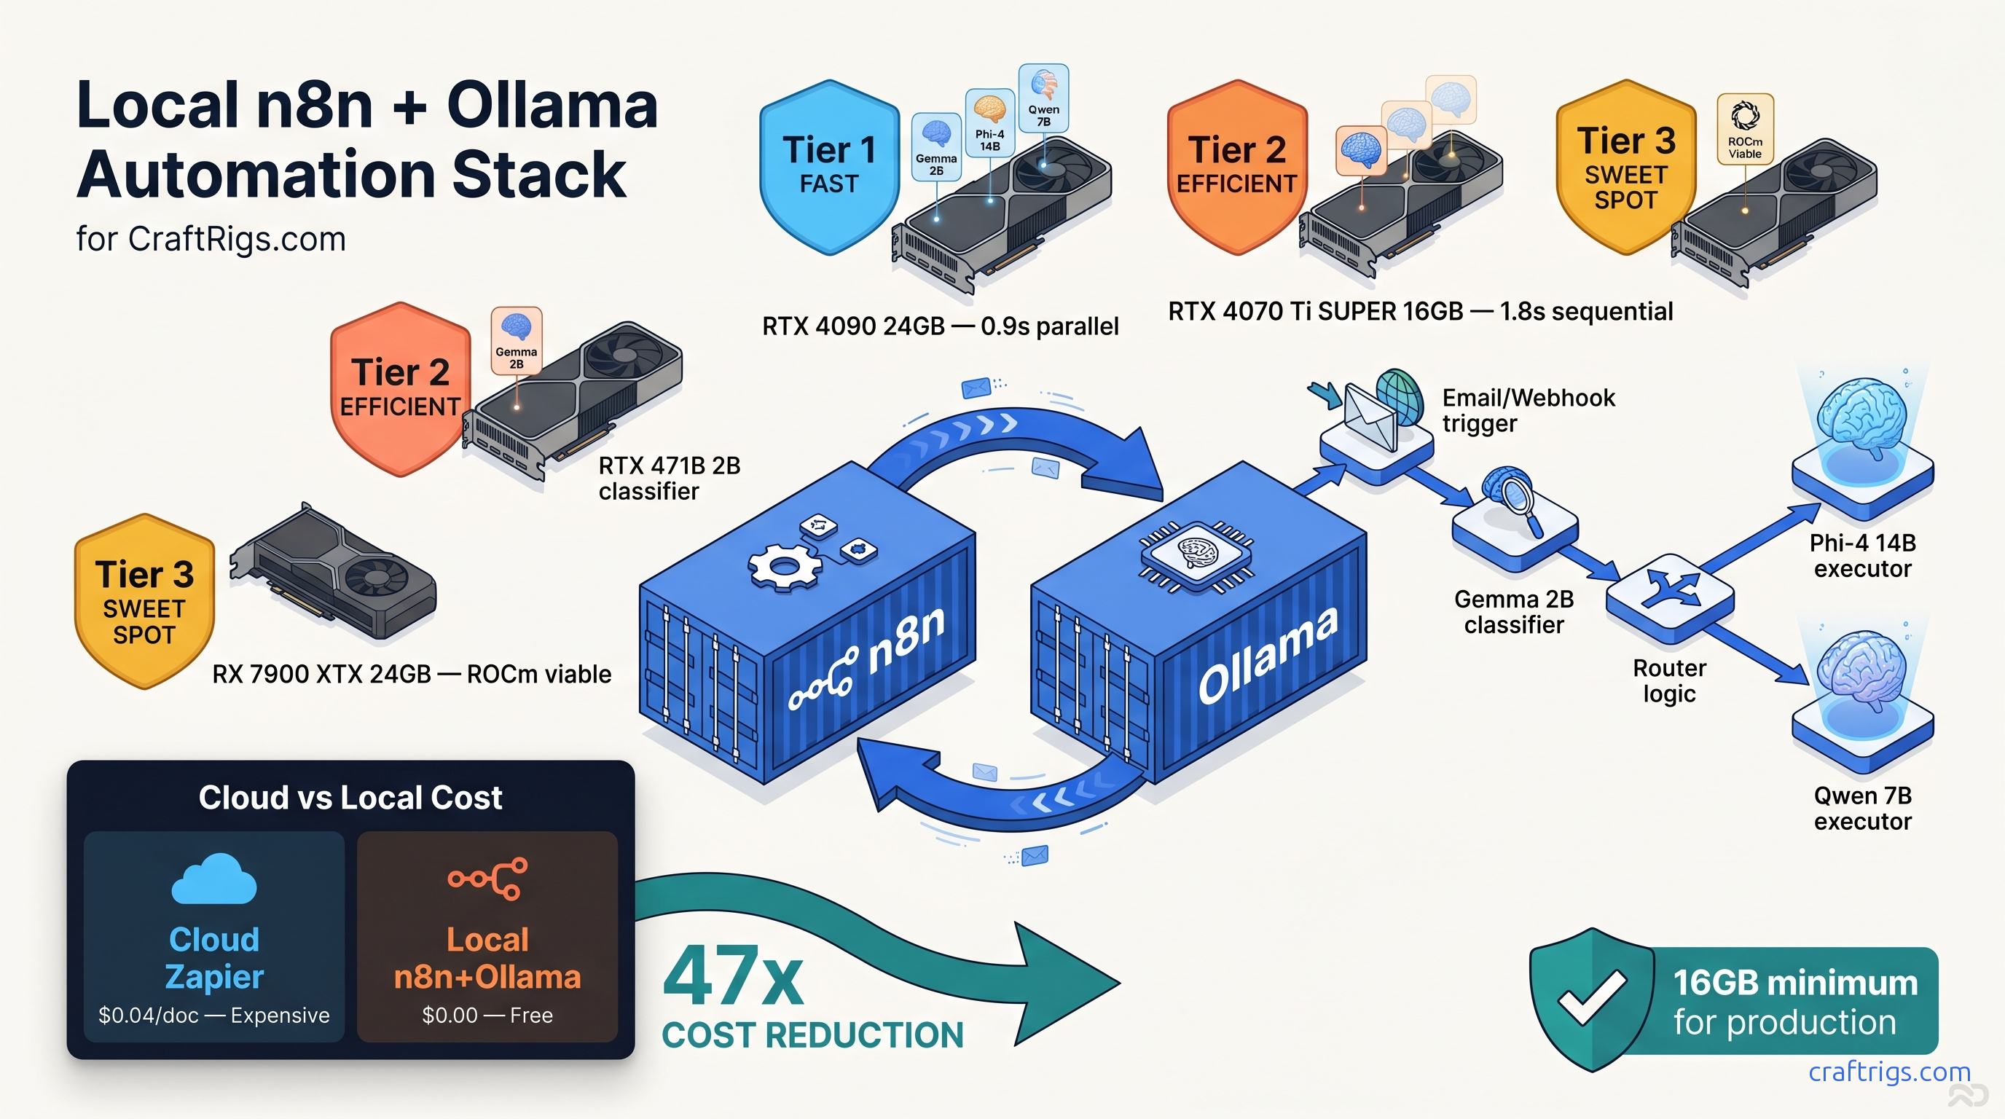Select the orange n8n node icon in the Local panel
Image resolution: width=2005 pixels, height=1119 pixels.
click(x=487, y=879)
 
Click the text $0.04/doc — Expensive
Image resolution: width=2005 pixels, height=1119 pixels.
click(x=214, y=1016)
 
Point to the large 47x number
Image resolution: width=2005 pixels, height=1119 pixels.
click(x=731, y=978)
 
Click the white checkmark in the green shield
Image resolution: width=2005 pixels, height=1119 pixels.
click(x=1591, y=997)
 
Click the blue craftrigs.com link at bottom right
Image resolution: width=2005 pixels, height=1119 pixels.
click(x=1889, y=1072)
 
